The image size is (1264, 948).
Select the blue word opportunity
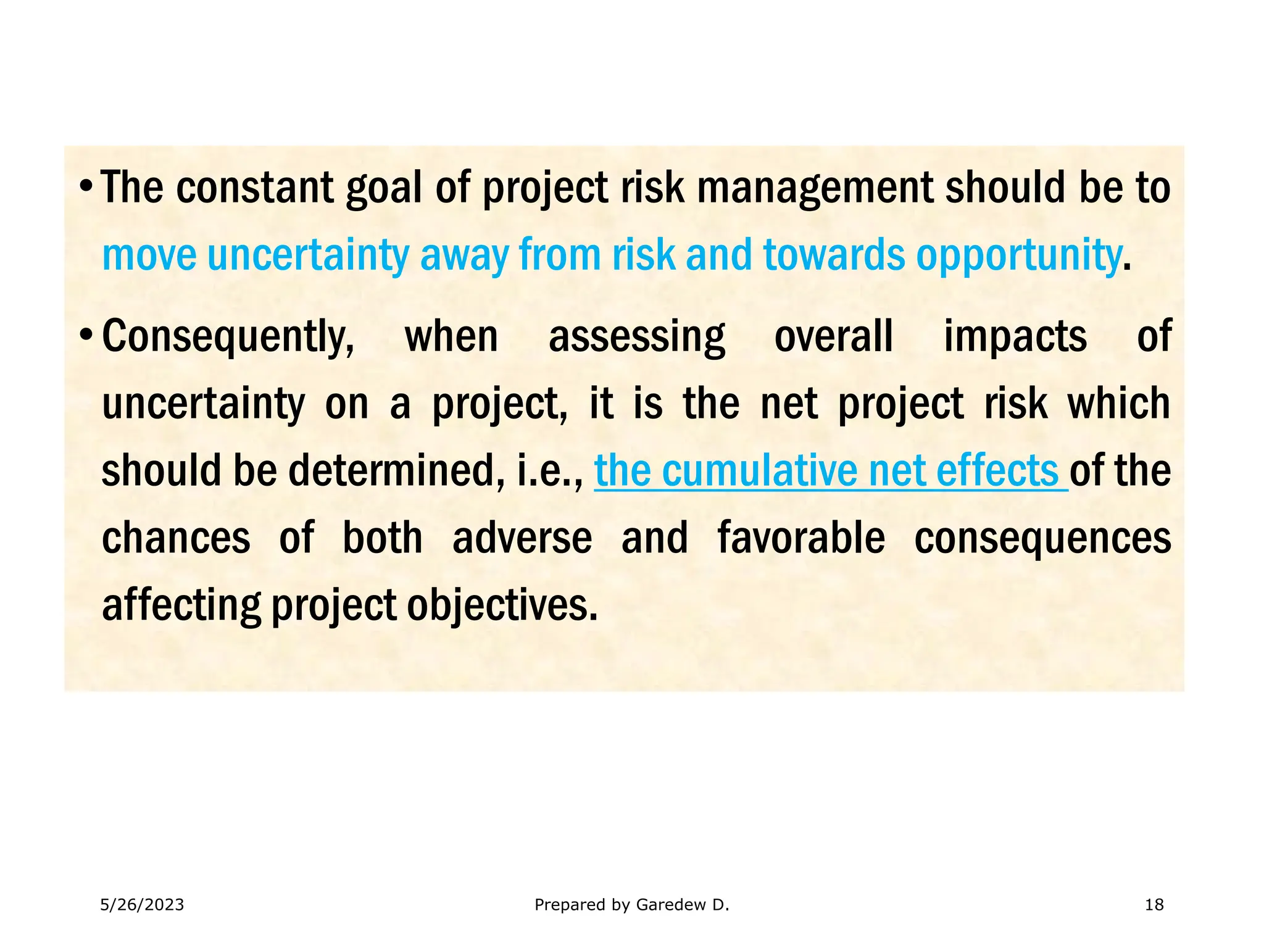point(1018,255)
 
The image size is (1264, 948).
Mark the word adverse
point(522,538)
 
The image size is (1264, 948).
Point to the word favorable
point(801,538)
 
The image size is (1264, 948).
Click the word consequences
point(1042,538)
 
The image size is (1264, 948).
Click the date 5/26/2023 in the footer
point(142,905)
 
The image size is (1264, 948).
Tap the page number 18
point(1154,905)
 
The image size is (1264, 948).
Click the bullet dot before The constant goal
point(86,186)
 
